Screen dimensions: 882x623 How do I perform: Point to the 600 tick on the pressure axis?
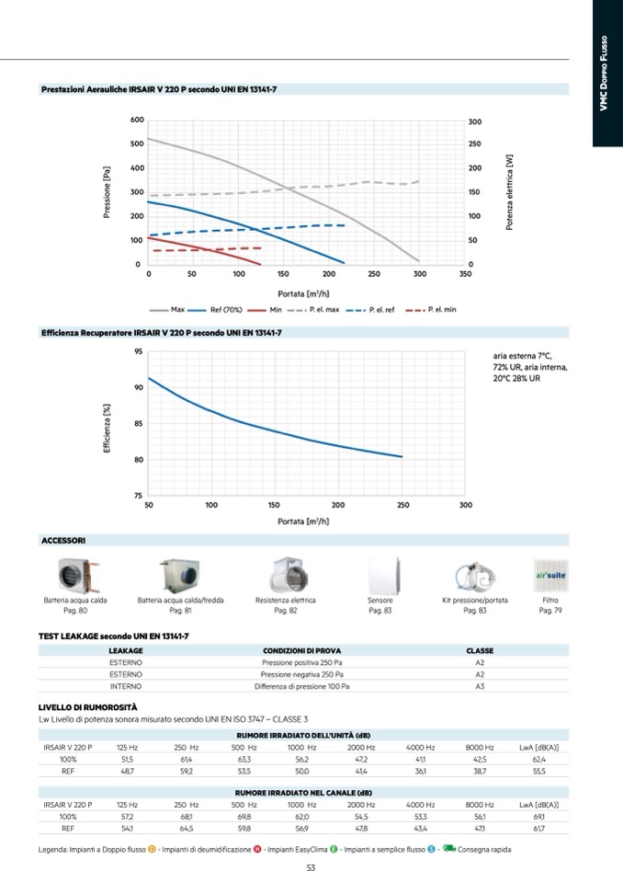point(137,120)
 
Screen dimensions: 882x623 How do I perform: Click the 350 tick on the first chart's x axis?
point(465,274)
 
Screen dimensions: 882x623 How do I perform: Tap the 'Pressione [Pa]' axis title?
point(108,191)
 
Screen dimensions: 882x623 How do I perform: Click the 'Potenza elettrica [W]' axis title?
point(509,191)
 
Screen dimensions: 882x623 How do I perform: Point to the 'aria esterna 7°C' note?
point(523,356)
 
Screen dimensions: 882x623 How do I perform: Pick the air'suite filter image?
point(549,576)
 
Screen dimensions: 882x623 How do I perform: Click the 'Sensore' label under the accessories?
point(379,600)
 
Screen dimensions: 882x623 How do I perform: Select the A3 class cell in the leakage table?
point(480,686)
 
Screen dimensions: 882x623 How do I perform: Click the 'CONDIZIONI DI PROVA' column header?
point(302,650)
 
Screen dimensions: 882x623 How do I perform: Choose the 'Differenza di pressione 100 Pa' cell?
point(302,686)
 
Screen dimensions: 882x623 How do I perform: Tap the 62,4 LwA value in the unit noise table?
point(539,760)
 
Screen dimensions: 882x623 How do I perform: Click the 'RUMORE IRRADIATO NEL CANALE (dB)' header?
point(303,793)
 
